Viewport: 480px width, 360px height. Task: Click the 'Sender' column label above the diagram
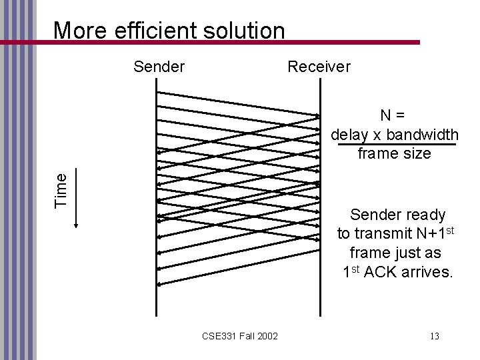pyautogui.click(x=159, y=67)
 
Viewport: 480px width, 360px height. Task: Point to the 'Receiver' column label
pyautogui.click(x=319, y=67)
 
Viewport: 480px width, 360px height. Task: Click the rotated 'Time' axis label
pyautogui.click(x=61, y=189)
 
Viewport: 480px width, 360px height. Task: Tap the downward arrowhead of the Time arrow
pyautogui.click(x=75, y=225)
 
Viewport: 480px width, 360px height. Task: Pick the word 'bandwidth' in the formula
pyautogui.click(x=424, y=135)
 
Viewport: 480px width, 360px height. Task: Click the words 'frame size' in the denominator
pyautogui.click(x=394, y=154)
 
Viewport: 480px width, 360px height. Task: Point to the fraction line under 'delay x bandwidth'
pyautogui.click(x=397, y=144)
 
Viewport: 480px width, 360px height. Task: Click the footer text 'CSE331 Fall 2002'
pyautogui.click(x=241, y=335)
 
